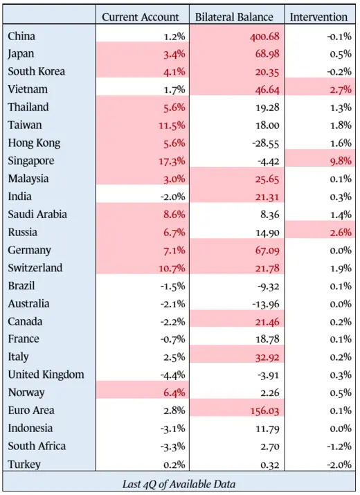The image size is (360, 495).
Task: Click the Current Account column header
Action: click(141, 17)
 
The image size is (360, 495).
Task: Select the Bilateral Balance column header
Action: click(235, 17)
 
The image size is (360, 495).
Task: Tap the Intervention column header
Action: click(318, 17)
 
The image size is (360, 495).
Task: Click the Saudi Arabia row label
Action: click(37, 215)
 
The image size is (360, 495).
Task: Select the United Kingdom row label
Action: click(46, 375)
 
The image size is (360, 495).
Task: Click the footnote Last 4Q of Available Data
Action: click(179, 484)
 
